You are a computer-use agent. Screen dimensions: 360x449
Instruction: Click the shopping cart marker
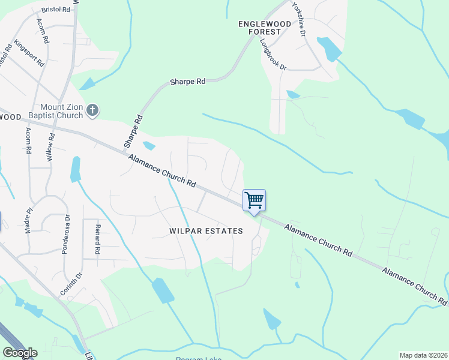pos(254,200)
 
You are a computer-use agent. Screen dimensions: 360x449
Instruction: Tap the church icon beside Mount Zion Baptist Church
pos(92,110)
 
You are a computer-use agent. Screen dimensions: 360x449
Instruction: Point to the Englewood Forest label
pos(265,28)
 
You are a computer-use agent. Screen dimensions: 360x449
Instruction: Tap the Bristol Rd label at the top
pos(56,10)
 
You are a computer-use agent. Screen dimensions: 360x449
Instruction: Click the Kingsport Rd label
pos(29,53)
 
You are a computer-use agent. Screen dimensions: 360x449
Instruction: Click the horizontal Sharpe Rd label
pos(188,82)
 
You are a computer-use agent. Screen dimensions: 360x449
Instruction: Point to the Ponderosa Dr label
pos(66,235)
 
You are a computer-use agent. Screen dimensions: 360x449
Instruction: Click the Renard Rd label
pos(97,238)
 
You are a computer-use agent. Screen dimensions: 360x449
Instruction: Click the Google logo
pos(20,353)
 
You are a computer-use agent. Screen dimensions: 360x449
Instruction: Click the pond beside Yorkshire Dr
pos(329,49)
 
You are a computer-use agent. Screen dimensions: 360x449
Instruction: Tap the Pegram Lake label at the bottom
pos(198,358)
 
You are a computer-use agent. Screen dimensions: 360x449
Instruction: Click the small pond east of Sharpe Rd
pos(149,145)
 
